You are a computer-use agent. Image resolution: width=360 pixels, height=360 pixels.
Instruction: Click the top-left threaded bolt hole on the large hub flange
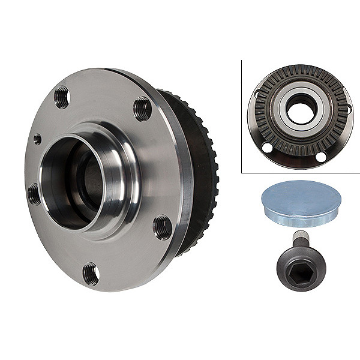62,97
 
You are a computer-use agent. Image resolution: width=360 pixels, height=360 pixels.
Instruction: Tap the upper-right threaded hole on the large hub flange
142,108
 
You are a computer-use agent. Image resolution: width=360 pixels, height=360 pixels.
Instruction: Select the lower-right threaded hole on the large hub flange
162,227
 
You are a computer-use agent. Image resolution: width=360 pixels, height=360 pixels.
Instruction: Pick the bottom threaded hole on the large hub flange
91,274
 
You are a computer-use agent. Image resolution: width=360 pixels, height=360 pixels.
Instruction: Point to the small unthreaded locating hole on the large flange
37,139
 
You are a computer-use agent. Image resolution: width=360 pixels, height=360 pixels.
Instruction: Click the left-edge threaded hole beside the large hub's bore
34,194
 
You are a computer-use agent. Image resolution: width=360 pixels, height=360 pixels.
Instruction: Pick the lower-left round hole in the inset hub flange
268,148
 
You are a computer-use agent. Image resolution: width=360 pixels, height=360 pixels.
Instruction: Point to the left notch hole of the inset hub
256,94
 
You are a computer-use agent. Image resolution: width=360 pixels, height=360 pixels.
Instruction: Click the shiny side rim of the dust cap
300,219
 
